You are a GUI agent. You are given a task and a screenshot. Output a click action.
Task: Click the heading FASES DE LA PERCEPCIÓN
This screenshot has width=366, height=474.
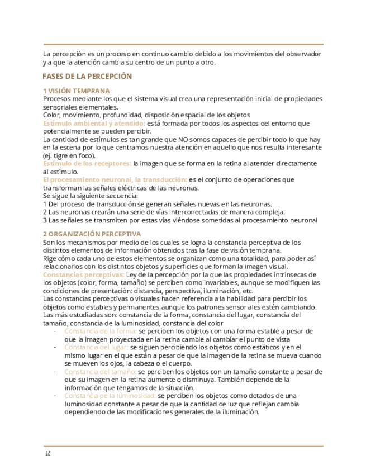(x=87, y=77)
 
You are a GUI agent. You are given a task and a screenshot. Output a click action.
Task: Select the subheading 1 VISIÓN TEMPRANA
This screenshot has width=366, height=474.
(x=76, y=91)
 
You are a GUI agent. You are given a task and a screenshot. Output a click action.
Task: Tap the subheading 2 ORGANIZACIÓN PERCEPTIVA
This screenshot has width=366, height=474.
(x=92, y=234)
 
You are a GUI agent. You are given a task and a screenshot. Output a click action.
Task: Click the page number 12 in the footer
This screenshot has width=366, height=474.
(x=48, y=453)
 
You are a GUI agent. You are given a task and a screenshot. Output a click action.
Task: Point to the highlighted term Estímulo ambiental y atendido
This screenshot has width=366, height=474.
(x=94, y=123)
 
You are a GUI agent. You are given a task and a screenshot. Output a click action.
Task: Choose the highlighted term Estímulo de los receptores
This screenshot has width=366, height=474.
(x=87, y=163)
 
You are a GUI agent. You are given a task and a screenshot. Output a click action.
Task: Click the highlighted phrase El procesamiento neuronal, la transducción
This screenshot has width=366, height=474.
(x=115, y=179)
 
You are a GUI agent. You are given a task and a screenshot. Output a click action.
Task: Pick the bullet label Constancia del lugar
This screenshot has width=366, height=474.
(x=96, y=347)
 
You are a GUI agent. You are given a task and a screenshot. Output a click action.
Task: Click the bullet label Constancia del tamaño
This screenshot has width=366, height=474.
(x=100, y=371)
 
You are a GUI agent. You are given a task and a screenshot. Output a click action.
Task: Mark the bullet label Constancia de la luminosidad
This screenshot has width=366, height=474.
(x=110, y=396)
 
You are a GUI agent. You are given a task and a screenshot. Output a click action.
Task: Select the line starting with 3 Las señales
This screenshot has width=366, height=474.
(x=180, y=220)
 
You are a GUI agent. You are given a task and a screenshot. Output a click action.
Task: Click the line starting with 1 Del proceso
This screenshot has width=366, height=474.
(x=158, y=204)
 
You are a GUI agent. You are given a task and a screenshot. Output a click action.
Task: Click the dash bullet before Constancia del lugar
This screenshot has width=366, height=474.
(x=55, y=347)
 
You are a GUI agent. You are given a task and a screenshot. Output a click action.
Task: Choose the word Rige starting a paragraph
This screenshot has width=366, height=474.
(x=49, y=258)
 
